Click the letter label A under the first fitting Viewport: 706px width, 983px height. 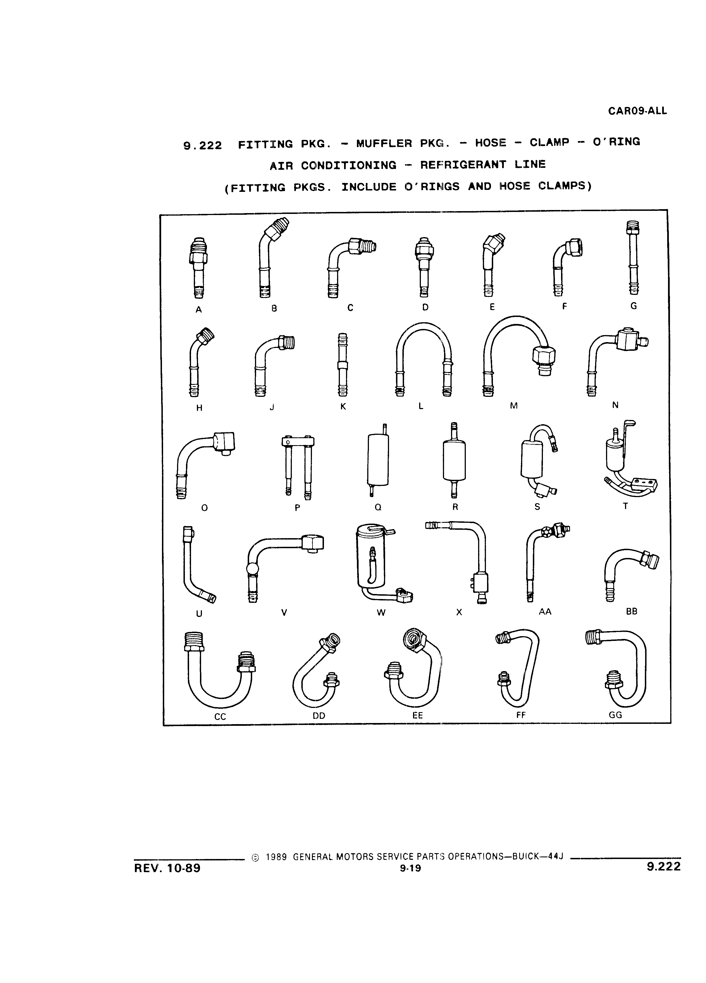pos(199,309)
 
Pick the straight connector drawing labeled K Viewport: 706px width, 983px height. pos(342,364)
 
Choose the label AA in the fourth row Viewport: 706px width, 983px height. pos(545,612)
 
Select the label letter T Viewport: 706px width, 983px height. pos(625,506)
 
